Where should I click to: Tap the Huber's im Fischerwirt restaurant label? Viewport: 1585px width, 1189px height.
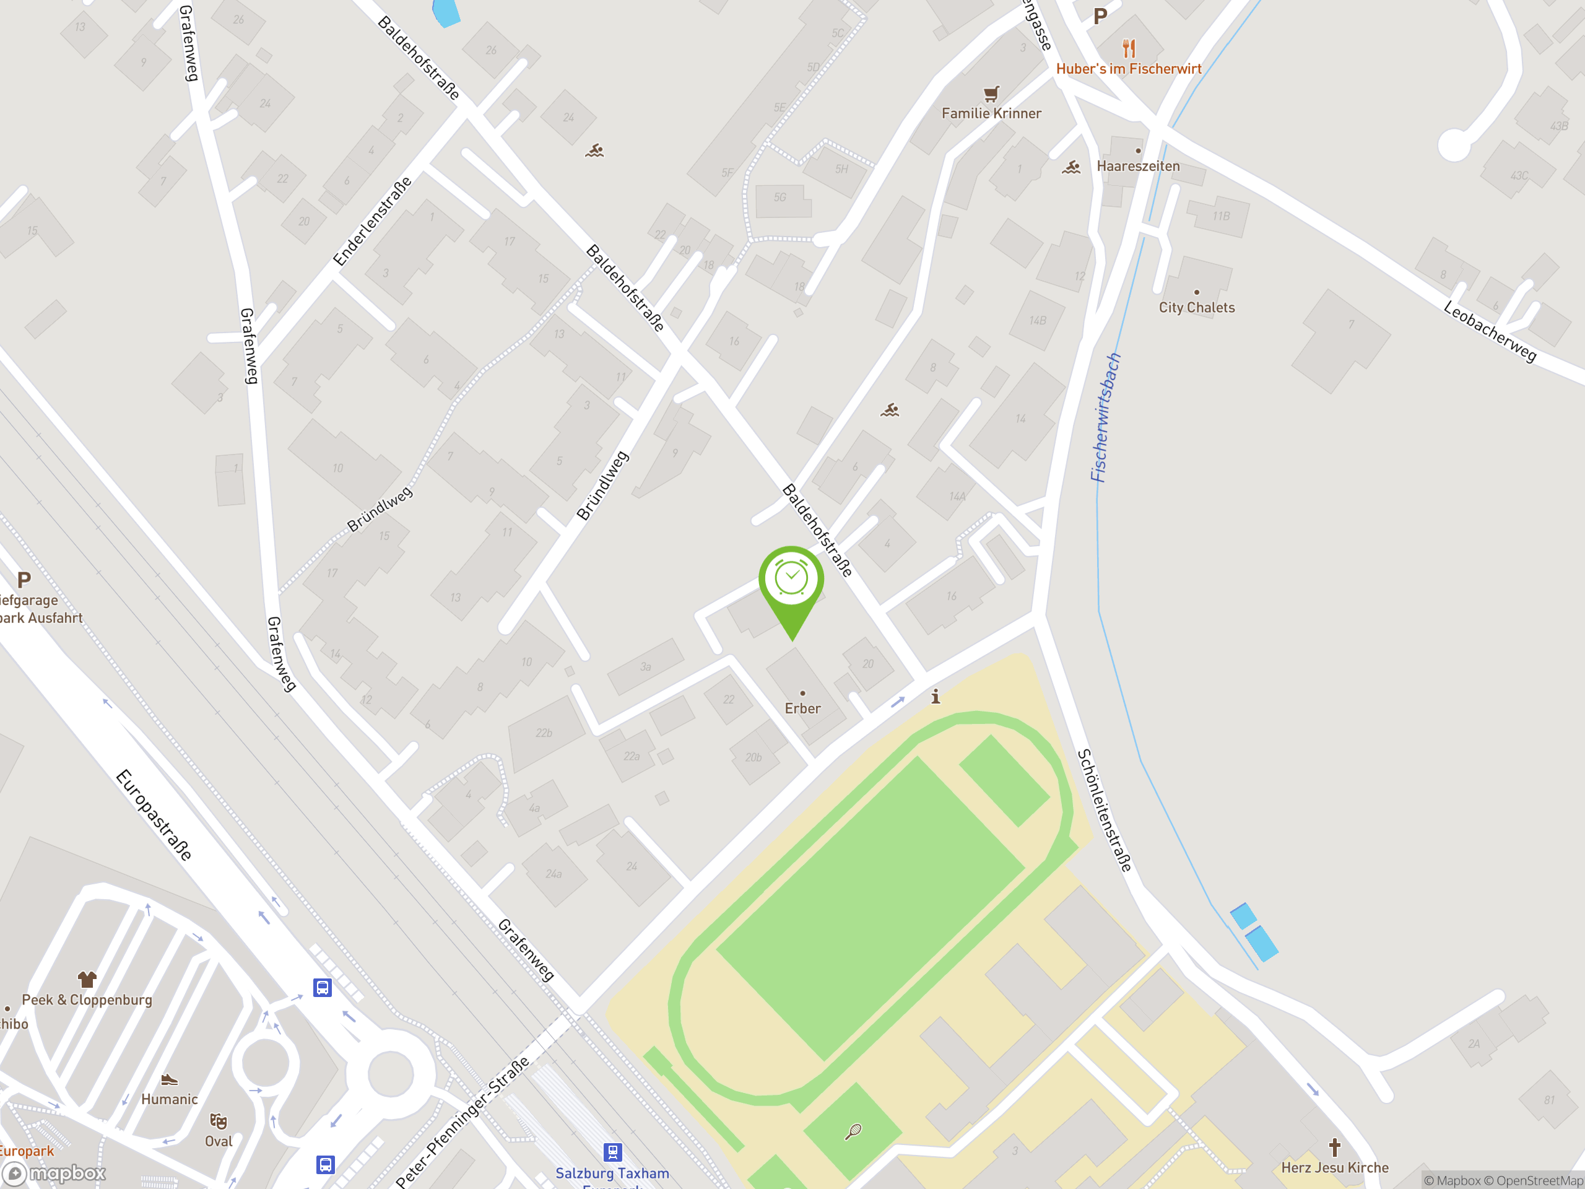(x=1129, y=69)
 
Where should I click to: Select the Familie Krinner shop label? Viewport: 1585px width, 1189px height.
(x=991, y=113)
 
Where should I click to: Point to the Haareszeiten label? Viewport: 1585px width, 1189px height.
(x=1138, y=166)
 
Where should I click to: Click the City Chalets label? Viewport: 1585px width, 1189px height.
(x=1197, y=307)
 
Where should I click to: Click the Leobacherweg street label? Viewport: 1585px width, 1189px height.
(x=1490, y=332)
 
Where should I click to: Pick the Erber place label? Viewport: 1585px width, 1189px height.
(x=802, y=708)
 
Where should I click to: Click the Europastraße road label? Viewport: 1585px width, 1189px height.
(x=154, y=815)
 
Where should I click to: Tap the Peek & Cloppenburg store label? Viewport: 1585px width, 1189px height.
(x=87, y=1000)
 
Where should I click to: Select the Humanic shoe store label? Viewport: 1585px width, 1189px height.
(x=169, y=1099)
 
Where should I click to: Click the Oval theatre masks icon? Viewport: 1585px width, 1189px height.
(x=218, y=1121)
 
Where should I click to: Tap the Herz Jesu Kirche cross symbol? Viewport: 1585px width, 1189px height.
(x=1334, y=1148)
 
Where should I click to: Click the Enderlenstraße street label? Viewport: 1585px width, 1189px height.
(x=373, y=220)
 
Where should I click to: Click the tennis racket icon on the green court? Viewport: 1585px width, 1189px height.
(x=853, y=1131)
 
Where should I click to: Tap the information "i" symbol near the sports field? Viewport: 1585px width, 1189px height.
(x=935, y=696)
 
